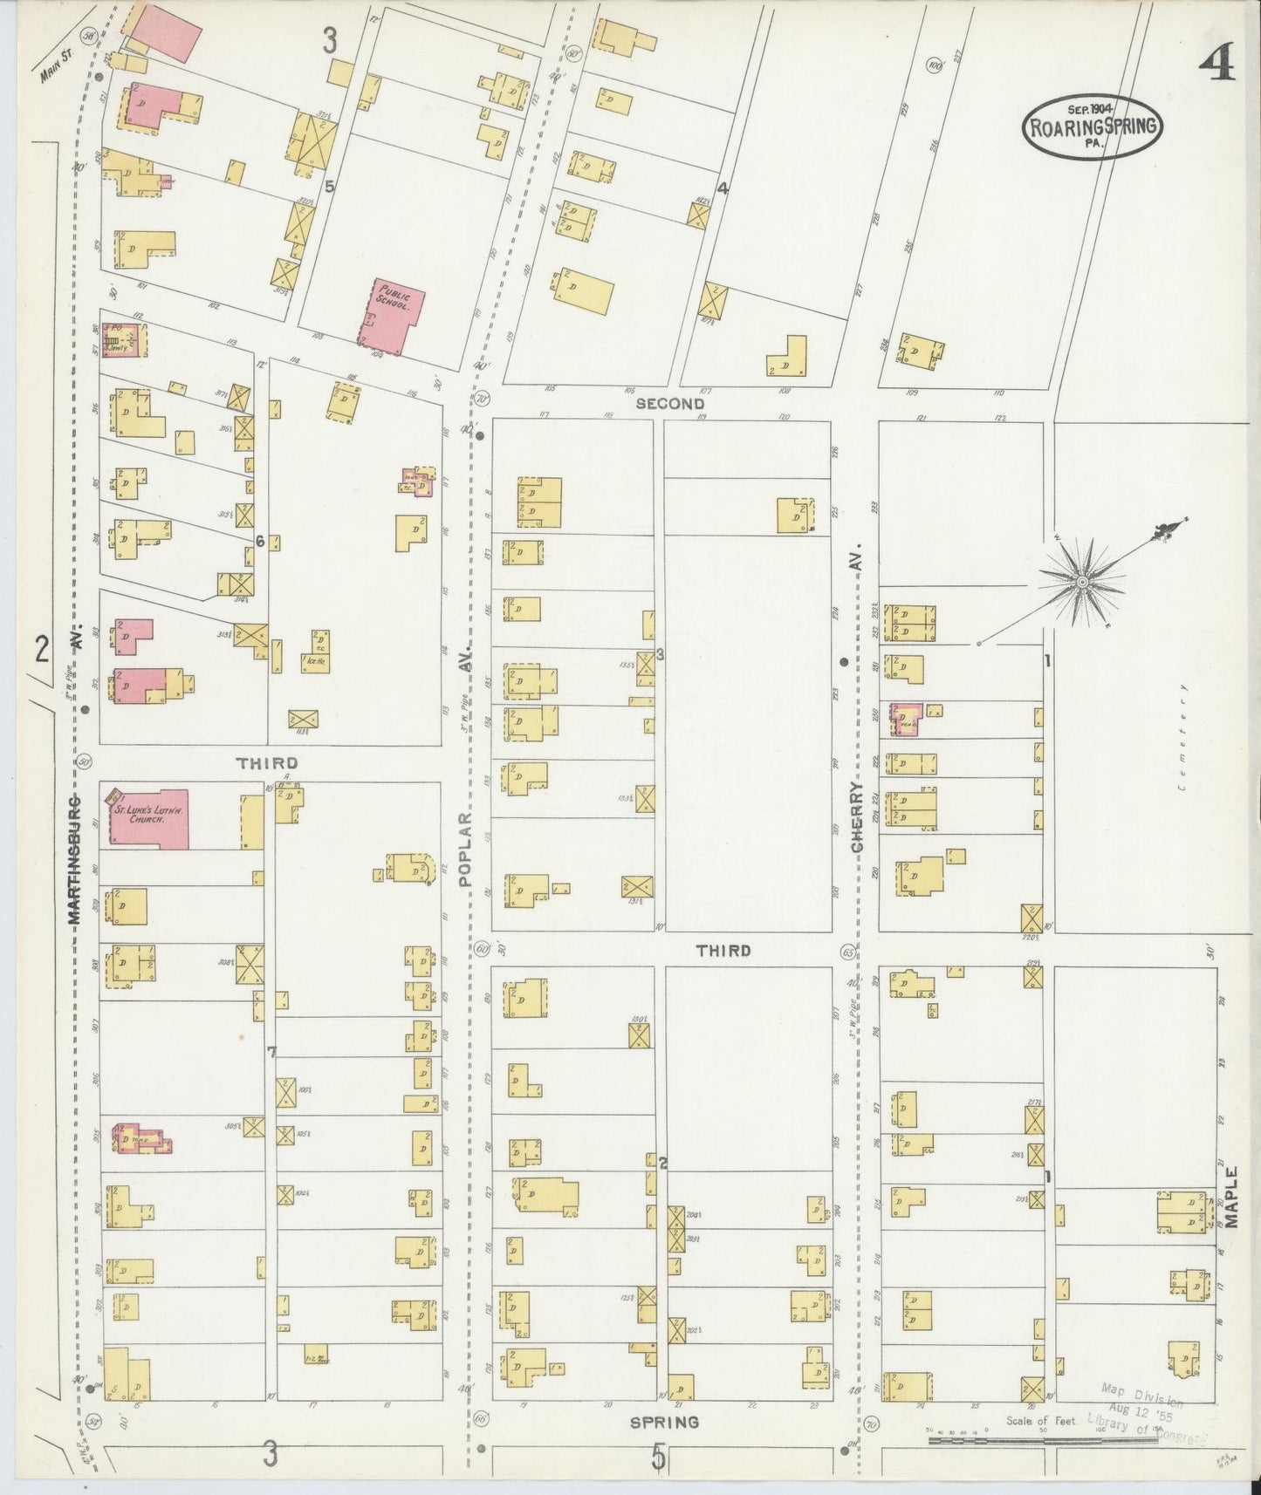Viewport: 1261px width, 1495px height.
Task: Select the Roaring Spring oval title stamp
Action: [x=1093, y=127]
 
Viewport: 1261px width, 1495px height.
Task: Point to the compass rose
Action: [x=1082, y=582]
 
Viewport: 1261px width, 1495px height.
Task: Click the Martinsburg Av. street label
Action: [x=75, y=859]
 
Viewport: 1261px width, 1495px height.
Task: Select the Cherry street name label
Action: [x=857, y=817]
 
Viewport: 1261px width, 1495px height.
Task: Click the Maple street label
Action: [x=1231, y=1197]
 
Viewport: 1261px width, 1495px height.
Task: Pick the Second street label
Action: [x=669, y=403]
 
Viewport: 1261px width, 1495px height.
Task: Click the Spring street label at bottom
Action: [x=664, y=1422]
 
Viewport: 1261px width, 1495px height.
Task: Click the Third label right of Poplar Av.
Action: [x=723, y=951]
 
